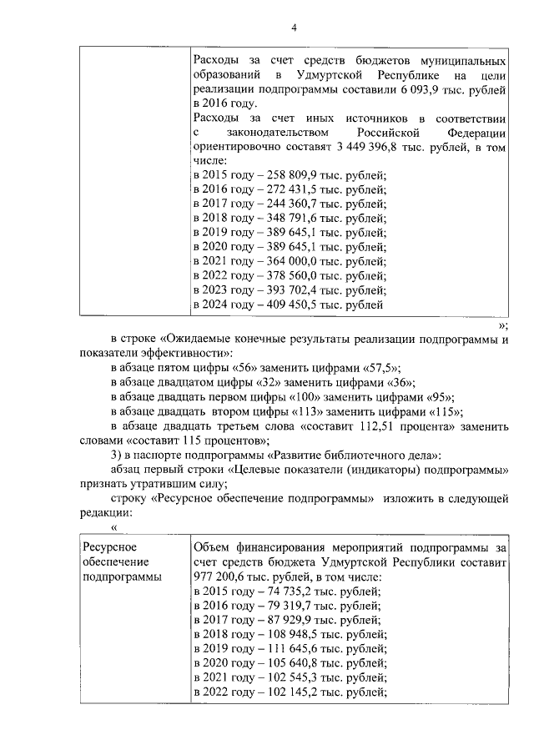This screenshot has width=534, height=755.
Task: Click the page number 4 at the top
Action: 293,28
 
